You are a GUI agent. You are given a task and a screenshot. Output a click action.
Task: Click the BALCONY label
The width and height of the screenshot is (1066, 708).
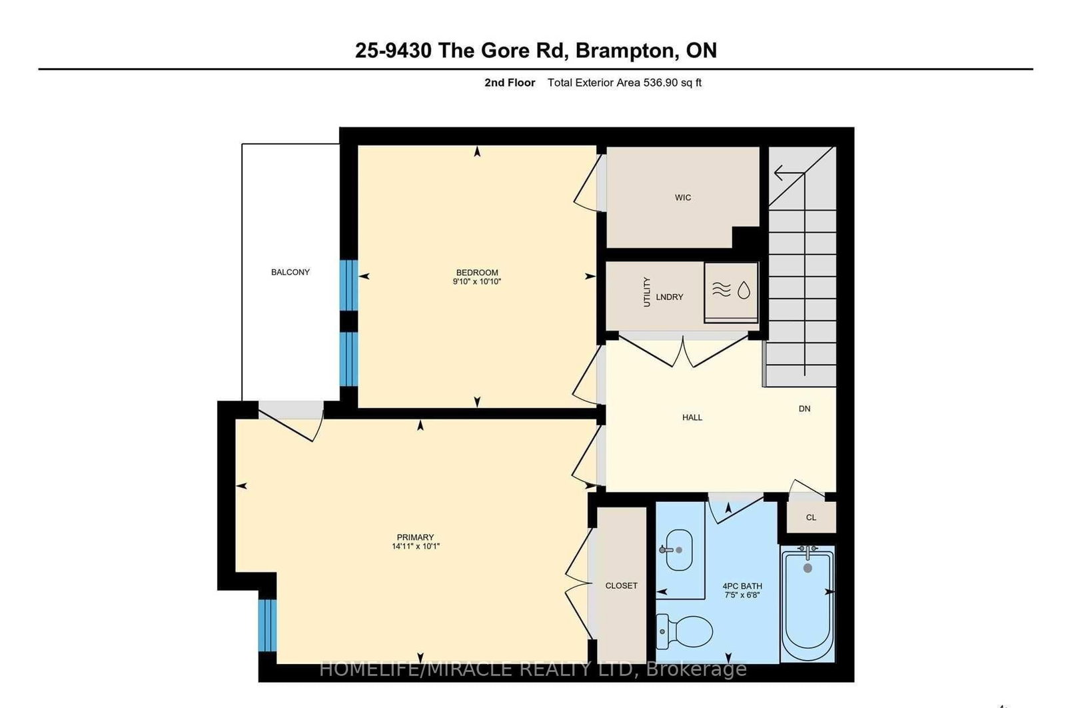[290, 272]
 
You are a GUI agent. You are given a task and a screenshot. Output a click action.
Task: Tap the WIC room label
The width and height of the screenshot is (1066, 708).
[682, 197]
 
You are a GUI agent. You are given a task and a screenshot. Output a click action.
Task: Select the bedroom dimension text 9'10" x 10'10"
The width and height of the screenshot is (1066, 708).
[476, 282]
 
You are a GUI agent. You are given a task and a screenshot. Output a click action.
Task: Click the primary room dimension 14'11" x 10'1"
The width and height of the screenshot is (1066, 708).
[416, 547]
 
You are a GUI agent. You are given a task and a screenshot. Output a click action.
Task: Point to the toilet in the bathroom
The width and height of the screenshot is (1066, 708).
[685, 631]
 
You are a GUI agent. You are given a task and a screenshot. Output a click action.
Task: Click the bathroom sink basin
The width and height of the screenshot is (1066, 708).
[679, 550]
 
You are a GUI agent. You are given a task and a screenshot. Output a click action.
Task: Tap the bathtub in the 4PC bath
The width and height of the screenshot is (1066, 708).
[807, 603]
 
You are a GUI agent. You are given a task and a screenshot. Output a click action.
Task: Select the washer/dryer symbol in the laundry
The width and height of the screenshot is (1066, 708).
[732, 291]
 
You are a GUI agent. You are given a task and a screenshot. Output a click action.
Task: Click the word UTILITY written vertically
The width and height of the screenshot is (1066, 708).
[646, 291]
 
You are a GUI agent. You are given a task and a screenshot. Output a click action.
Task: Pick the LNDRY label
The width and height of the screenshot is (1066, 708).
[669, 297]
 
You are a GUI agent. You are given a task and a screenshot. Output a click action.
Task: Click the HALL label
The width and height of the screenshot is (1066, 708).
[692, 417]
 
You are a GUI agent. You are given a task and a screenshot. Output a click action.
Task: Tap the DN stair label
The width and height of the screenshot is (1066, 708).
[804, 409]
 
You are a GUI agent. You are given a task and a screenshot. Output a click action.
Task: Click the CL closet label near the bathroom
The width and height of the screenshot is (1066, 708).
[811, 517]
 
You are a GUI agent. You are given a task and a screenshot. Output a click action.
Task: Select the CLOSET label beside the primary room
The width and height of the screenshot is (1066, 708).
[621, 585]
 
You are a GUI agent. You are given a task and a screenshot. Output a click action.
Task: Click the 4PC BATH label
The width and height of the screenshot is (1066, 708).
[742, 587]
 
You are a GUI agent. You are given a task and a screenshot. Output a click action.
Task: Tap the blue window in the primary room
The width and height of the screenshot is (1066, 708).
[266, 625]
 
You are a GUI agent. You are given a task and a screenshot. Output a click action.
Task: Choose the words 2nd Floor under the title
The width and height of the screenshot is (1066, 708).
[510, 83]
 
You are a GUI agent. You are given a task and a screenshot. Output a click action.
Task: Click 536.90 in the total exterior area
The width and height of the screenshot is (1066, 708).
[658, 83]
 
